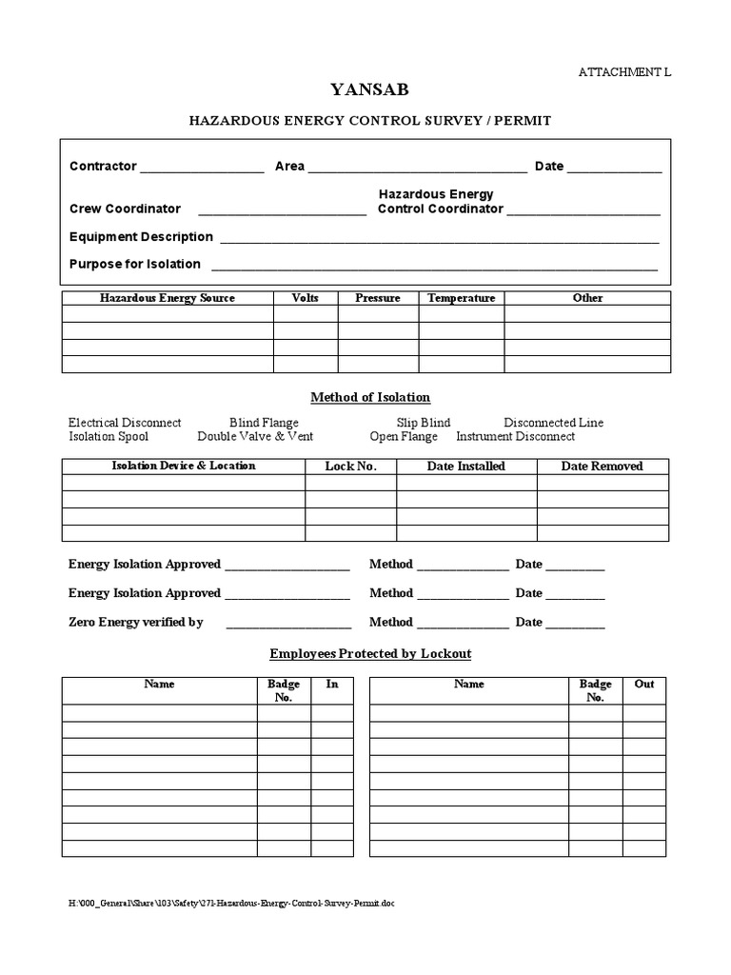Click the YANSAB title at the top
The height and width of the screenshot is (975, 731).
point(369,91)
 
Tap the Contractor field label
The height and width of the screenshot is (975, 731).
point(103,166)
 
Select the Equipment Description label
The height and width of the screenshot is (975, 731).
point(141,236)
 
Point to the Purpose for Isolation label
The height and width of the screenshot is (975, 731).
point(135,264)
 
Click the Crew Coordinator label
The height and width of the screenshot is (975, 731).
point(125,209)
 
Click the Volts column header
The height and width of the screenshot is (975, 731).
point(306,298)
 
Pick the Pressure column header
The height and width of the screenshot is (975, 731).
point(378,298)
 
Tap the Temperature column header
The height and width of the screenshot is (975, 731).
point(462,298)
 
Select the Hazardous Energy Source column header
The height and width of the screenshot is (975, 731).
point(168,298)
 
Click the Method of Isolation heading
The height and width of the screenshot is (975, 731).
point(370,397)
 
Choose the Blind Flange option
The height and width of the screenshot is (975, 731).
point(264,422)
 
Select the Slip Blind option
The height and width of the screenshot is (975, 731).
point(424,422)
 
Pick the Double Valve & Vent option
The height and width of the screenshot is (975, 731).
point(255,436)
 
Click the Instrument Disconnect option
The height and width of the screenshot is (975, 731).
point(515,436)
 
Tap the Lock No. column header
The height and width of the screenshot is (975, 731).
point(350,466)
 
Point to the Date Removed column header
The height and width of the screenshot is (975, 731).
point(602,466)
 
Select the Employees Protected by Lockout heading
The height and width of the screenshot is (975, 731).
point(370,653)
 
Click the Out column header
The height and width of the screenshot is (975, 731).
point(644,684)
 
